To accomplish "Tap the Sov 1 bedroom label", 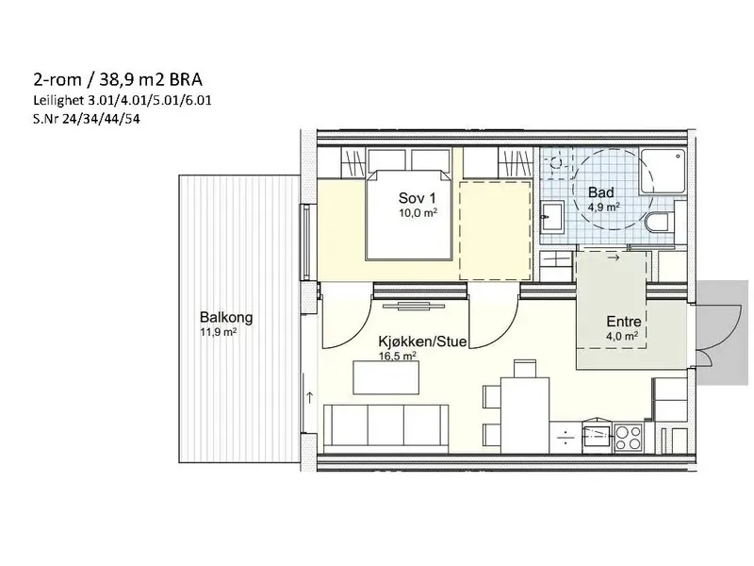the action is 417,198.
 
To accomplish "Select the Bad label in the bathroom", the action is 601,192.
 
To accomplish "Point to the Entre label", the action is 624,321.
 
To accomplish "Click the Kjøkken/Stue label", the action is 422,341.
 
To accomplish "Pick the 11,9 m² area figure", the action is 219,332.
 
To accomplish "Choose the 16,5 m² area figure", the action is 398,356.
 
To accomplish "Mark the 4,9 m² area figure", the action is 603,207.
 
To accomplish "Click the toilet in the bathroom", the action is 658,224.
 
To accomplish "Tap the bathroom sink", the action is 552,217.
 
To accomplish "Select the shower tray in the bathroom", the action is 663,172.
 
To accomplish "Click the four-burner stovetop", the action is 628,438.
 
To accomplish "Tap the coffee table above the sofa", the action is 386,377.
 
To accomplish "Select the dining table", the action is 525,415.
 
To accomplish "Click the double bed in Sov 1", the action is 409,215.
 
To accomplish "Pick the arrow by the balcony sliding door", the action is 310,397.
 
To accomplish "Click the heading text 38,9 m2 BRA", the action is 151,79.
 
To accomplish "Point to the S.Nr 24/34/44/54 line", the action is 87,119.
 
